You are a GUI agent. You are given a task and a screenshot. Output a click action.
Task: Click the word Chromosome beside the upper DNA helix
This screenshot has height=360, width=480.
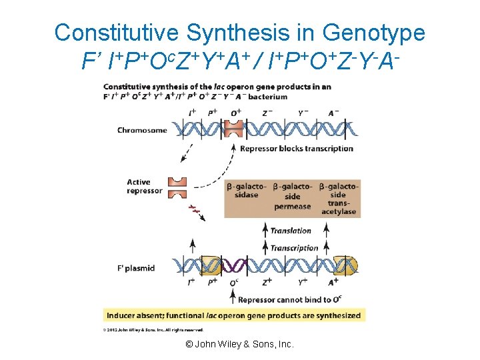tap(141, 130)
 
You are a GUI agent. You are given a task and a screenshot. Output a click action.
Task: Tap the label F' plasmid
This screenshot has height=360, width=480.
tap(136, 268)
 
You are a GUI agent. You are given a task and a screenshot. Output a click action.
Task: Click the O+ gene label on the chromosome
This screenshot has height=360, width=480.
tap(235, 113)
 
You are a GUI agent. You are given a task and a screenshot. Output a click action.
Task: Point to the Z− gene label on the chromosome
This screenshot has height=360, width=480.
tap(267, 113)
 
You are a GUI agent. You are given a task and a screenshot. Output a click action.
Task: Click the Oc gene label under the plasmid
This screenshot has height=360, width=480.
tap(234, 283)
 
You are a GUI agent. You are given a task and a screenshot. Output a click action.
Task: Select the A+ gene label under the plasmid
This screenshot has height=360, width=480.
tap(334, 283)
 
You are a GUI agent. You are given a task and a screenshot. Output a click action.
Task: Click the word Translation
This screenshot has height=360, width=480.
tap(291, 231)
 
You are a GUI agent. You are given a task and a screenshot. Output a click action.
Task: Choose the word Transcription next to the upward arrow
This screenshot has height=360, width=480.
tap(294, 248)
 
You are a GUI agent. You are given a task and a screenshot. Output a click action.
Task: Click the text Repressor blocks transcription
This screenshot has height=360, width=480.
tap(297, 148)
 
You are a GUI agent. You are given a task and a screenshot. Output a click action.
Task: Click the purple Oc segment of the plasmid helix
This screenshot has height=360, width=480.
tap(233, 266)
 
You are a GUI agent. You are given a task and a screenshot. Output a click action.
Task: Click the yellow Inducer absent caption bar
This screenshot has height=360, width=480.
tap(234, 315)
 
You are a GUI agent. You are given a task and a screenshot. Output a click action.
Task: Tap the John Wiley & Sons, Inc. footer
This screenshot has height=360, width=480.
tap(239, 344)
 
